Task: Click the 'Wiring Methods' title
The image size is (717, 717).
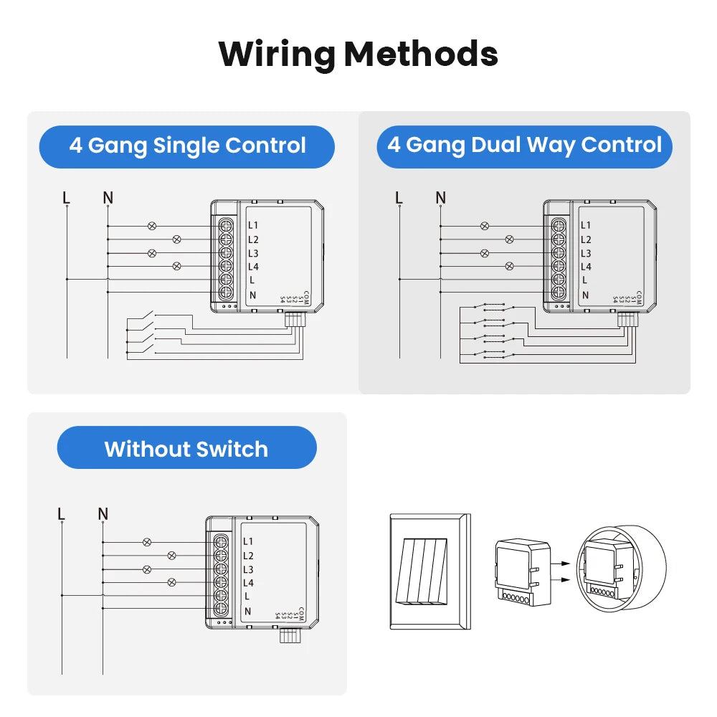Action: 358,54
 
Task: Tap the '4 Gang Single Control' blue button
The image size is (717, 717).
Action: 187,146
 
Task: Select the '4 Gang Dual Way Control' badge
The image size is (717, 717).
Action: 524,146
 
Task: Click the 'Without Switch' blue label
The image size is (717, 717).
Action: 186,449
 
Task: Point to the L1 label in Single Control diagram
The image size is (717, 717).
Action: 253,226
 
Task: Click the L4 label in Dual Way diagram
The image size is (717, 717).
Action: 586,267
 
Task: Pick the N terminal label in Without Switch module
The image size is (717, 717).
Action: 248,610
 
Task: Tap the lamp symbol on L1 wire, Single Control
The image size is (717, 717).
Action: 151,226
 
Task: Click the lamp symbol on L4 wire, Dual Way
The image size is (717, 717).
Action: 510,266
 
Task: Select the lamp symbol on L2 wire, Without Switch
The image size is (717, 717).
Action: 171,556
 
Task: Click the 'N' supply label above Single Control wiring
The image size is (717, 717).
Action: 108,197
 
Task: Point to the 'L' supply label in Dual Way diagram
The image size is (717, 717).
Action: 399,197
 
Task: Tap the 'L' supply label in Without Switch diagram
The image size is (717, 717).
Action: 62,514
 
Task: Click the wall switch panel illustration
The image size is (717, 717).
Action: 429,571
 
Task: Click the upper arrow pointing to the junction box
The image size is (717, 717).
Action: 565,564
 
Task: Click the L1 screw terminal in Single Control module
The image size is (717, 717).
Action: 226,226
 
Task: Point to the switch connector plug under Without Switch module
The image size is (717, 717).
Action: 289,635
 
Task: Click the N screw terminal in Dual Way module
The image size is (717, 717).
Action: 559,293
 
